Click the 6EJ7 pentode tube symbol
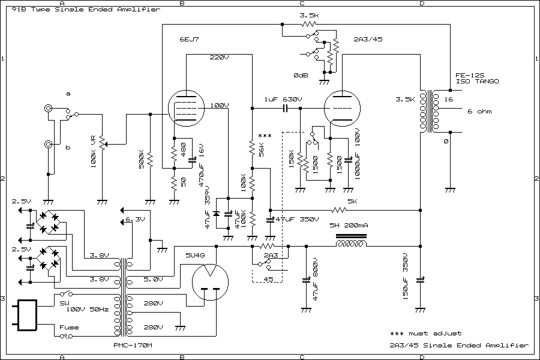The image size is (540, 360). pyautogui.click(x=185, y=110)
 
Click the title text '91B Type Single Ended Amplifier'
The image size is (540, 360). pyautogui.click(x=83, y=10)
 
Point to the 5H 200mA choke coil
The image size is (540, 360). pyautogui.click(x=350, y=245)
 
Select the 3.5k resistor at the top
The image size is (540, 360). pyautogui.click(x=308, y=25)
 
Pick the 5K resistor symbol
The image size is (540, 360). pyautogui.click(x=340, y=210)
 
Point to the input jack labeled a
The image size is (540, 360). pyautogui.click(x=47, y=109)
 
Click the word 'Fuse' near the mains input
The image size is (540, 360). pyautogui.click(x=68, y=327)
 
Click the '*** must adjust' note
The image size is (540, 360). pyautogui.click(x=425, y=333)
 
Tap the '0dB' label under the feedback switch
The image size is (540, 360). pyautogui.click(x=301, y=76)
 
